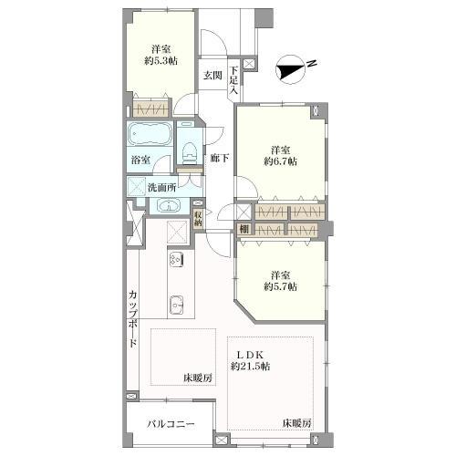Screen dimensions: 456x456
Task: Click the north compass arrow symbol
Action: [x=293, y=65]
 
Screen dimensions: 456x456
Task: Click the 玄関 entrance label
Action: [x=212, y=75]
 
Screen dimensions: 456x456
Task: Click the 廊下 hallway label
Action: [x=219, y=157]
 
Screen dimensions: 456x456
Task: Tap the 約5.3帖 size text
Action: [x=160, y=60]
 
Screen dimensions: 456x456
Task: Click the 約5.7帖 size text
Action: [x=280, y=285]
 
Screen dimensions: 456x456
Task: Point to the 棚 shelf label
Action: [x=244, y=228]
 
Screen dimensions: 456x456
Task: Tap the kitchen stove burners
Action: [x=175, y=259]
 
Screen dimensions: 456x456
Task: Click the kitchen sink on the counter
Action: [x=176, y=305]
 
